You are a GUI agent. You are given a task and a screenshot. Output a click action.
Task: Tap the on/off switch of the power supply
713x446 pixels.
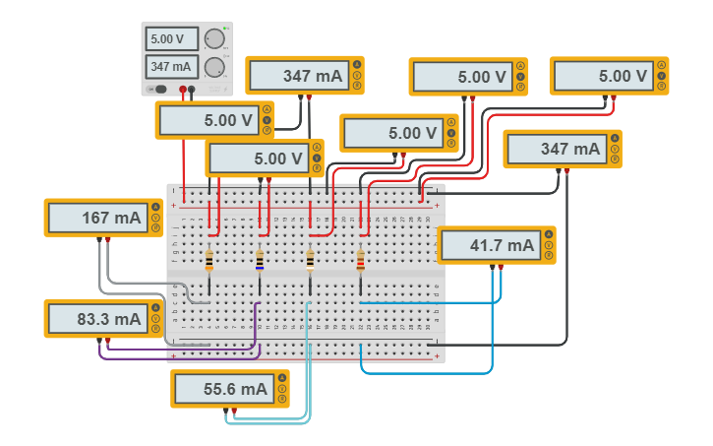(159, 90)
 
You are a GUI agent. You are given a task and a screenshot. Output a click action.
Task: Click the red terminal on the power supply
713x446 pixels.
(183, 90)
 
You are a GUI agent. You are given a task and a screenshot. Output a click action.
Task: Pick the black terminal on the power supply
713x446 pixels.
(193, 90)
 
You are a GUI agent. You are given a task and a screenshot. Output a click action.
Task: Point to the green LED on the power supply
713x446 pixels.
(226, 28)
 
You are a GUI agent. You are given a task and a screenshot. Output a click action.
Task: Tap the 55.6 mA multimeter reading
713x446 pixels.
(223, 390)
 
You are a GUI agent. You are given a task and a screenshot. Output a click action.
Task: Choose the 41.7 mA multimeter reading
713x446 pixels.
(490, 245)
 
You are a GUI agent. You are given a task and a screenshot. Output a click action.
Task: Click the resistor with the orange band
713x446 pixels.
(209, 260)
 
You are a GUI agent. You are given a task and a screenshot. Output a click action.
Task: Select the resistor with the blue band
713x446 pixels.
(260, 260)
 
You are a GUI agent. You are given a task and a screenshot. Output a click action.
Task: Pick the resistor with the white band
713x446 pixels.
(310, 260)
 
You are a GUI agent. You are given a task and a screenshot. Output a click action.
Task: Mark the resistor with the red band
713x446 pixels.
(360, 260)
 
